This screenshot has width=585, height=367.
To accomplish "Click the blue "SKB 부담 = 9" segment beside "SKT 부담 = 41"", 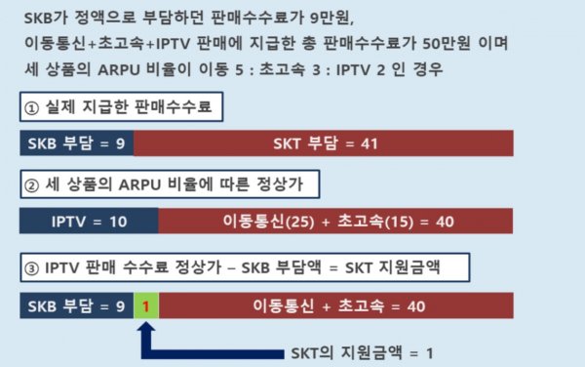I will pos(76,143).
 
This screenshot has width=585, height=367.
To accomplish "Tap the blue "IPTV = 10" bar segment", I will pos(89,223).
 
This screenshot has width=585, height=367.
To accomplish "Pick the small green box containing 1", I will pos(144,306).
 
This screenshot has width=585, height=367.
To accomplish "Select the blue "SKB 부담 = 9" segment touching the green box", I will pos(76,306).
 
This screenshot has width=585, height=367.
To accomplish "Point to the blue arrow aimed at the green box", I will pos(144,337).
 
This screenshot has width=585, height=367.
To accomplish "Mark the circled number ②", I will pos(32,185).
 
